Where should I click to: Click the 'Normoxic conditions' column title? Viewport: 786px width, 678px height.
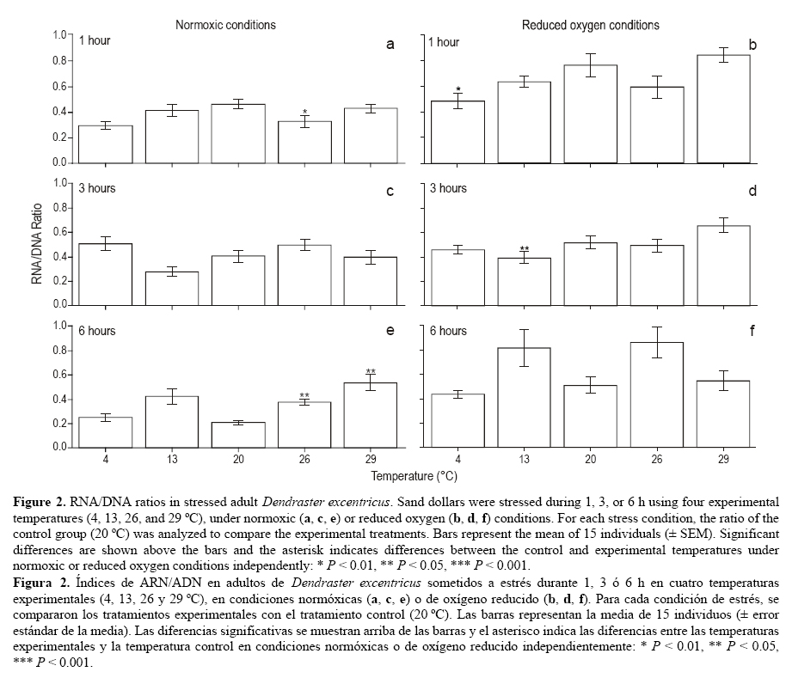coord(226,25)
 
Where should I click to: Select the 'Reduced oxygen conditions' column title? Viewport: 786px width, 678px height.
coord(591,25)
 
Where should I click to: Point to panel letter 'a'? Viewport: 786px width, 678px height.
coord(390,44)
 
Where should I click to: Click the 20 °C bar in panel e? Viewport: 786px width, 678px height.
coord(238,435)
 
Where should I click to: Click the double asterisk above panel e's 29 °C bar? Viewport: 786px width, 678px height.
coord(371,372)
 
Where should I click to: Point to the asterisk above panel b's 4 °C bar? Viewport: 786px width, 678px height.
coord(458,89)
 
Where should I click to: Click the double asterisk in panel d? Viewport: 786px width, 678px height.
coord(523,249)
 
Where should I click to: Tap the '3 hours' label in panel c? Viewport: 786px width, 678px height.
coord(97,188)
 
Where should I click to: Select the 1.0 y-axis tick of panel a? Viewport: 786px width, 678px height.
coord(60,34)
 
